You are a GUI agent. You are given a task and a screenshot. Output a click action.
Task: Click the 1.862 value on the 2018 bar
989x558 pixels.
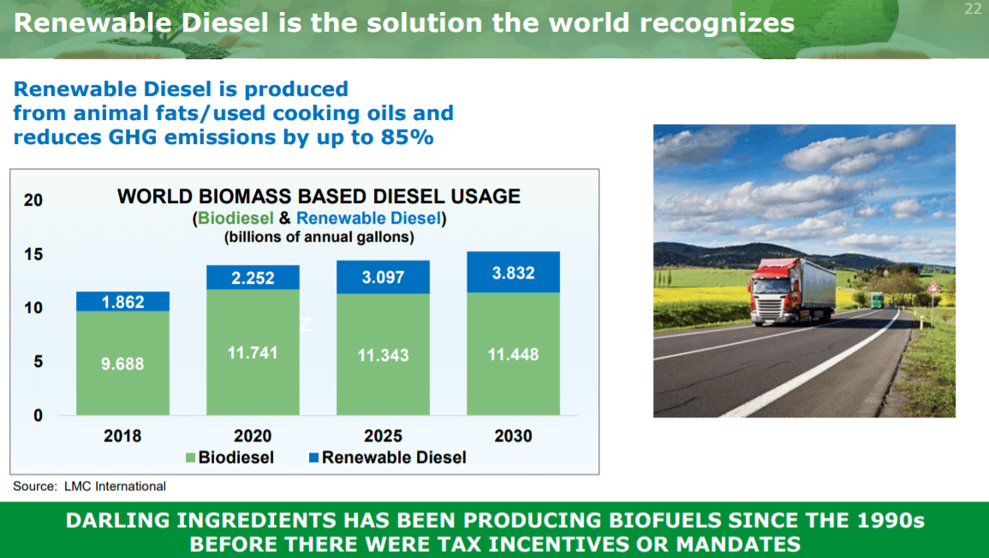pyautogui.click(x=123, y=302)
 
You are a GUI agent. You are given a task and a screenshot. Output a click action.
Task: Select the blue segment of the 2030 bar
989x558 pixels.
pyautogui.click(x=514, y=272)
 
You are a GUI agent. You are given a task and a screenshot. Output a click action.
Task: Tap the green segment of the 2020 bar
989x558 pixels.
pyautogui.click(x=253, y=352)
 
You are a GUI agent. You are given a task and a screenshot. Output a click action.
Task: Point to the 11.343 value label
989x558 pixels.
pyautogui.click(x=383, y=355)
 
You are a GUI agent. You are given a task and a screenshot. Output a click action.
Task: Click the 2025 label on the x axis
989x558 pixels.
pyautogui.click(x=383, y=435)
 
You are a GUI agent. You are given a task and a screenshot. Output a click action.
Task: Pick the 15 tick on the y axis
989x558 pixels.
pyautogui.click(x=33, y=255)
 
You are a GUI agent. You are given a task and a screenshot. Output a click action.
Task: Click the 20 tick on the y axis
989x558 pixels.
pyautogui.click(x=33, y=200)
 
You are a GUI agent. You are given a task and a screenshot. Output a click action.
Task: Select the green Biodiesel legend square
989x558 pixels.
pyautogui.click(x=190, y=458)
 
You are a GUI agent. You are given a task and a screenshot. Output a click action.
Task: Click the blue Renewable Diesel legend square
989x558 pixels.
pyautogui.click(x=313, y=458)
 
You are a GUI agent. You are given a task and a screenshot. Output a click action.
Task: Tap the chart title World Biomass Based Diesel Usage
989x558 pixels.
pyautogui.click(x=319, y=196)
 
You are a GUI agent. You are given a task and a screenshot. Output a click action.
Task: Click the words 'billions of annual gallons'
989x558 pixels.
pyautogui.click(x=319, y=237)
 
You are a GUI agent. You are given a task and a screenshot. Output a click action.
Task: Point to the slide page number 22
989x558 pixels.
pyautogui.click(x=973, y=9)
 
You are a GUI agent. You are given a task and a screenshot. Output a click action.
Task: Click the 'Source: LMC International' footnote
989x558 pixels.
pyautogui.click(x=90, y=486)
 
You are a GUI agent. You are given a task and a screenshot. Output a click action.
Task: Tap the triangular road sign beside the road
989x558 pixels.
pyautogui.click(x=932, y=289)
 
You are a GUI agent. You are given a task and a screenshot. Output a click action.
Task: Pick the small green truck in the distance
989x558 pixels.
pyautogui.click(x=877, y=300)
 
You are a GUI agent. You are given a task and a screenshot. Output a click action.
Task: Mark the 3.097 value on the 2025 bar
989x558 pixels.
pyautogui.click(x=383, y=277)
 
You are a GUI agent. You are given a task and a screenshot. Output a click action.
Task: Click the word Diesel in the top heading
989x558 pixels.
pyautogui.click(x=225, y=23)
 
